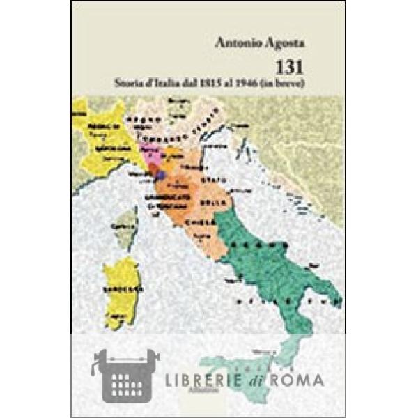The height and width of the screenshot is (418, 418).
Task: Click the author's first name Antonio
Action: coord(237,46)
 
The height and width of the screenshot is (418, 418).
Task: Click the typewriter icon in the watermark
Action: coord(125,376)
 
